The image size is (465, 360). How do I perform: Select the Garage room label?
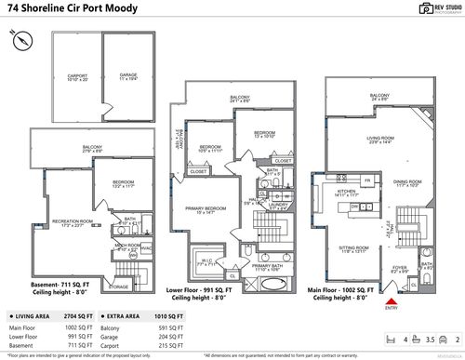[127, 76]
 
